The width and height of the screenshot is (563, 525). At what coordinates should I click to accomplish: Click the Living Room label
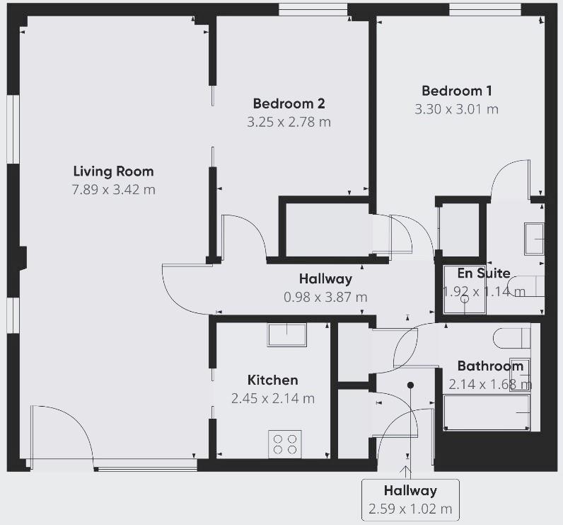coord(113,171)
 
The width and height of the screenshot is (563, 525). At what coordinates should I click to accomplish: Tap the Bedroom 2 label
coord(289,103)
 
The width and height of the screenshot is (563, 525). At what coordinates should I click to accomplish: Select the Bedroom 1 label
coord(457,91)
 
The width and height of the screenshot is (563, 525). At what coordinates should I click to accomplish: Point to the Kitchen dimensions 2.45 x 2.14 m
coord(273,398)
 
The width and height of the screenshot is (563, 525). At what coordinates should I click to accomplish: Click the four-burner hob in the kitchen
coord(285,444)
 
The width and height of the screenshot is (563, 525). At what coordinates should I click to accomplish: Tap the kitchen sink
coord(287,335)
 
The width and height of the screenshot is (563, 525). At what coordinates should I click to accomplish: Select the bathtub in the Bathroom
coord(487,412)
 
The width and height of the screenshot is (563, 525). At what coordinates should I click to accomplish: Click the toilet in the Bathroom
coord(511,338)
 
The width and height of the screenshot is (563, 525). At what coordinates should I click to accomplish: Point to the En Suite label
coord(484,273)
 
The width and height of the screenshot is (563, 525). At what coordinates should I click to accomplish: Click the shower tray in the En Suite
coord(465,290)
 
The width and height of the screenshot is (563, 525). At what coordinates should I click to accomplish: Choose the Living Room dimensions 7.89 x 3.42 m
coord(113,189)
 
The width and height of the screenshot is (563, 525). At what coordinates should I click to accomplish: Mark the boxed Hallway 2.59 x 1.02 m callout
coord(410,499)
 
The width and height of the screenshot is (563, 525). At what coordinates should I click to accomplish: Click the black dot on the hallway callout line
coord(410,385)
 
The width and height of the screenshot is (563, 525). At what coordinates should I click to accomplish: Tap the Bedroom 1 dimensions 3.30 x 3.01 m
coord(457,109)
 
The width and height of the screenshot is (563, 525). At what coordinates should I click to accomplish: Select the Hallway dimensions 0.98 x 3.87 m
coord(325,297)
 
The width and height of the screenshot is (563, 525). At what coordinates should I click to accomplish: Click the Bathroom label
coord(490,366)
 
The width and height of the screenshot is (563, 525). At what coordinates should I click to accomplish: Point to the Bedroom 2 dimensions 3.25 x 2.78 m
coord(289,123)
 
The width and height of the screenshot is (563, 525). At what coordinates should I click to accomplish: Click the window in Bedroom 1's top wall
coord(485,10)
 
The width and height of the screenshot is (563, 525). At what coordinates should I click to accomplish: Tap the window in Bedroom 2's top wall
coord(313,10)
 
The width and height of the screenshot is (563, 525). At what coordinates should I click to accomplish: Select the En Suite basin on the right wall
coord(535,239)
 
